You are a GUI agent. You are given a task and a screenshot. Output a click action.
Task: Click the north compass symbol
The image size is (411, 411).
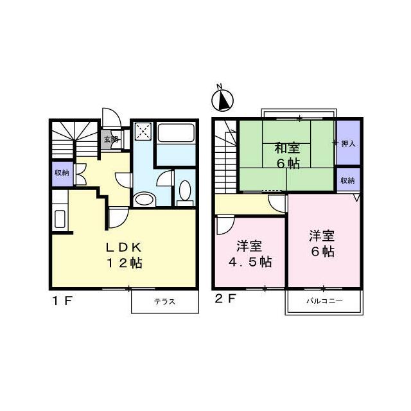click(222, 100)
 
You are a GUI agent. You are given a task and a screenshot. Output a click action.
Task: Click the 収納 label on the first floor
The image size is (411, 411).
click(62, 173)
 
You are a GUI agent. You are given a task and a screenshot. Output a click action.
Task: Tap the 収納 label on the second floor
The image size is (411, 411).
click(347, 180)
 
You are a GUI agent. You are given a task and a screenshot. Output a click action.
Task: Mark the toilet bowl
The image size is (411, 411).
click(185, 191)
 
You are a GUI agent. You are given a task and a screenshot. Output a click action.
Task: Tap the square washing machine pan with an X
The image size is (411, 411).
click(143, 132)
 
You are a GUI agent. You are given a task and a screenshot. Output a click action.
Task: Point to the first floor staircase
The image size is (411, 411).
click(73, 139)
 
